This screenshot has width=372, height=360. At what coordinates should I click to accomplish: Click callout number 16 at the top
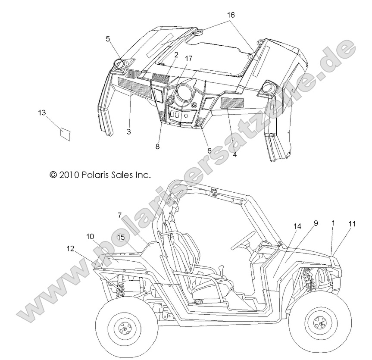coord(231,15)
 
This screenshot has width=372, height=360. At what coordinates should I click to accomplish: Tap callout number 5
coord(108,38)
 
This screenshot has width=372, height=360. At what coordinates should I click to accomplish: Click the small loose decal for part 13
coord(65,133)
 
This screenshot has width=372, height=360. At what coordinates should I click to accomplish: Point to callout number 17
coord(188,59)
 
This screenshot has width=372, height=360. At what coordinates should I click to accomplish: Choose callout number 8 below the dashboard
coord(158,147)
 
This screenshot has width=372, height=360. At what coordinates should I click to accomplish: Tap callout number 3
coord(128,131)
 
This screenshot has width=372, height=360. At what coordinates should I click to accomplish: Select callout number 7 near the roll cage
coord(120,215)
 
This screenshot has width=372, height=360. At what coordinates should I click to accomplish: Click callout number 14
coord(298,226)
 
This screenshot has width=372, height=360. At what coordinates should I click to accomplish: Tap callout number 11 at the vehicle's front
coord(352,224)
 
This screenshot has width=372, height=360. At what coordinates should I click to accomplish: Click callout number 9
coord(316,223)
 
